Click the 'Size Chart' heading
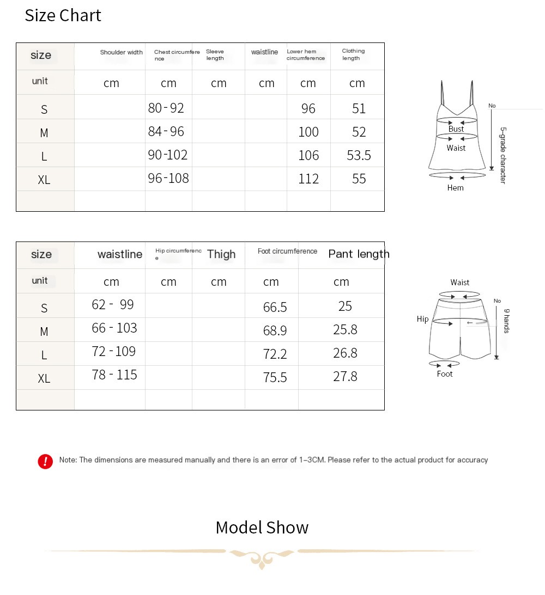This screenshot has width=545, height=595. pos(63,15)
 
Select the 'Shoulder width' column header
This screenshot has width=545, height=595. pos(121,52)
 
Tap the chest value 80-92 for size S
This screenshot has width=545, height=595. pos(166,108)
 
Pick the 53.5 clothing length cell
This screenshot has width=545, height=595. pos(359,156)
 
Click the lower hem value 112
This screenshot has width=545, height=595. pos(308,179)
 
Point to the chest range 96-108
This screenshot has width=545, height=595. pos(168,178)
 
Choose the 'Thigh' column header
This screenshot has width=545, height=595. pos(221,254)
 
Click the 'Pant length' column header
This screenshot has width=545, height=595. pos(359,254)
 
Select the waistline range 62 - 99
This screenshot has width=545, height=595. pos(113,304)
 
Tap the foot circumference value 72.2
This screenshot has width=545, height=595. pos(275,354)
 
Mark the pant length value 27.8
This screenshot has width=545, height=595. pos(345,377)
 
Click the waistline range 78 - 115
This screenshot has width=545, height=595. pos(114,375)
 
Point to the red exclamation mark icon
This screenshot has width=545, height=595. pos(45,461)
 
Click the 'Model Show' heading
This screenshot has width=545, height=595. pos(262,527)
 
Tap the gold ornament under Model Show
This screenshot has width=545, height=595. pos(262,557)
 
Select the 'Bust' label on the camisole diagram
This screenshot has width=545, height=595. pos(456,129)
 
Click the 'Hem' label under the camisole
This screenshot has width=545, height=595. pos(455,188)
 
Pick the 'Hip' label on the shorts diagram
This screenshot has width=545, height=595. pos(423,319)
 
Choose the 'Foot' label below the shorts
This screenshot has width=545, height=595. pos(445,374)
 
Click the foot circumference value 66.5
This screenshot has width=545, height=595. pos(275,308)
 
